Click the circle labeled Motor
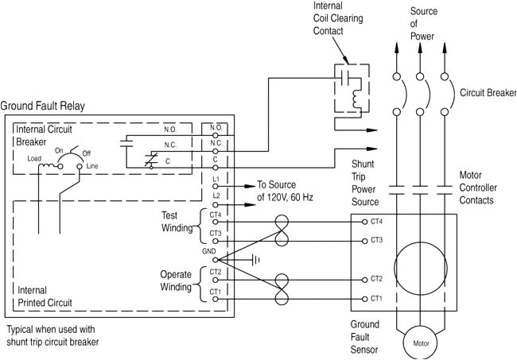421,344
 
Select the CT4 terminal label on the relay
216,214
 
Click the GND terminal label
209,250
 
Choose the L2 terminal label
216,195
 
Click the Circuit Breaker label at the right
487,92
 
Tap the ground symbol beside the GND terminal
256,260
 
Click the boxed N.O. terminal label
216,127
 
